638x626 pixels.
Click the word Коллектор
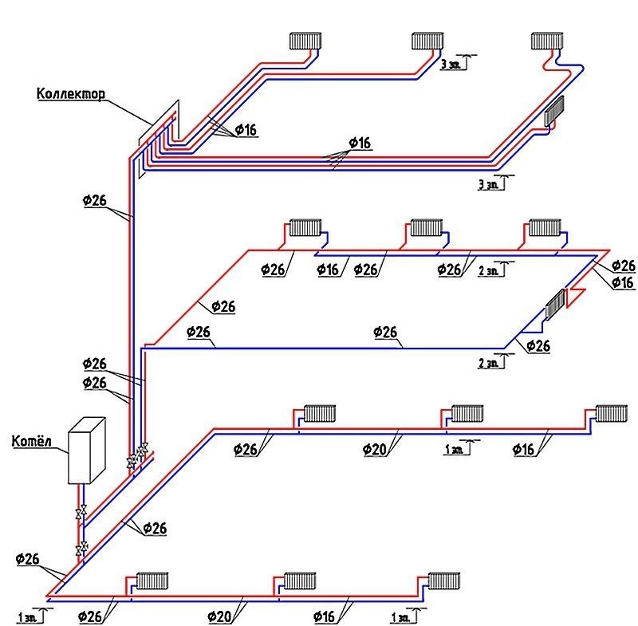coord(72,94)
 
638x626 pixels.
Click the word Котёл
coord(31,441)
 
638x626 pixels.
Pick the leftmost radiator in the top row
coord(305,40)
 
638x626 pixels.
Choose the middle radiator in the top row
coord(428,40)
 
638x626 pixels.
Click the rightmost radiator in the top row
coord(548,40)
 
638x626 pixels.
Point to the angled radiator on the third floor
coord(554,111)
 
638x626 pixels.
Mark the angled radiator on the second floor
coord(554,305)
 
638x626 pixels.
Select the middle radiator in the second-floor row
coord(425,228)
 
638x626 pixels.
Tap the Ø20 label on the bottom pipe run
coord(222,616)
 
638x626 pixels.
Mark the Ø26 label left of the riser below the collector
coord(94,201)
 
